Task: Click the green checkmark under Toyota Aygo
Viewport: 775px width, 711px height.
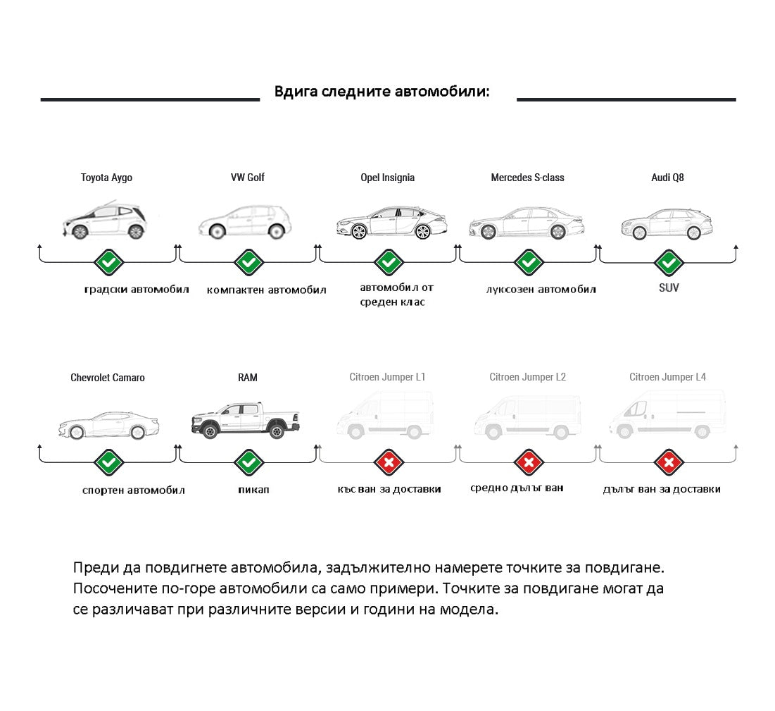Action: point(108,262)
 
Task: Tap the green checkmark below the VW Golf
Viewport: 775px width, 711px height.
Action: point(248,262)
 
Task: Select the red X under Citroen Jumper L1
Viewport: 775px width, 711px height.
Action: point(389,463)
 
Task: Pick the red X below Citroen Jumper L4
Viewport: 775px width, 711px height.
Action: point(669,463)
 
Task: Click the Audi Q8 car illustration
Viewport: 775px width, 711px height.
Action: point(667,223)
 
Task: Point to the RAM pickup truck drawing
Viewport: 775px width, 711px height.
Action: point(246,420)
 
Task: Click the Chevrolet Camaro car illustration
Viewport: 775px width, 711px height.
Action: point(108,424)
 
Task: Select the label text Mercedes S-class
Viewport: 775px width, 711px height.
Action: point(527,178)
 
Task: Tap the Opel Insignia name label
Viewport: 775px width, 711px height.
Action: point(387,178)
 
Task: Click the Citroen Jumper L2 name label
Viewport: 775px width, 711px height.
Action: point(527,377)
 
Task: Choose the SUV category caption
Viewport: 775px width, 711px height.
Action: point(669,288)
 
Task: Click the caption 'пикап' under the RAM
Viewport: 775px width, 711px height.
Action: point(248,489)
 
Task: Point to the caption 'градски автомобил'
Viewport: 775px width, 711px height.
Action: point(137,290)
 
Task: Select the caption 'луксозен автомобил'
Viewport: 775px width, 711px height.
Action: point(541,290)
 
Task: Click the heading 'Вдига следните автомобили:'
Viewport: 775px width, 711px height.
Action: point(382,92)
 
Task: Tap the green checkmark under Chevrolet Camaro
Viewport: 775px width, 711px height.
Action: point(108,463)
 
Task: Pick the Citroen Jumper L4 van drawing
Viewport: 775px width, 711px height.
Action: point(667,414)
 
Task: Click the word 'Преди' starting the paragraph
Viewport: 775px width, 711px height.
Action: point(93,567)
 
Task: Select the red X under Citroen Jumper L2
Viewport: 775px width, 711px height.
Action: point(529,463)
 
